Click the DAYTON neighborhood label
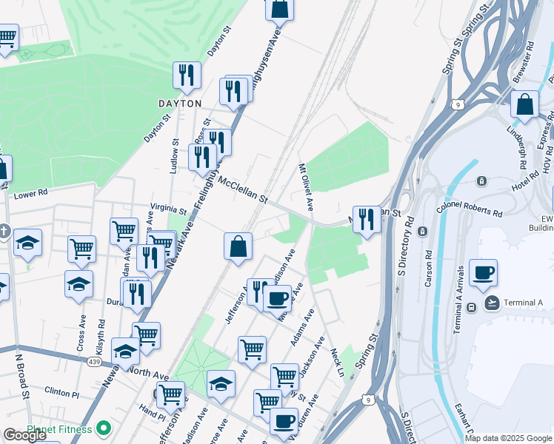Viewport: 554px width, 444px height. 179,104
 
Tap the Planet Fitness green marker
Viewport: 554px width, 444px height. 104,428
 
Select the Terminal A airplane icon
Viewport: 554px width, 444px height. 492,302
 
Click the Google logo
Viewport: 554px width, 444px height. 24,435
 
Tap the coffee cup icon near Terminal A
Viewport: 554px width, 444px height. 483,272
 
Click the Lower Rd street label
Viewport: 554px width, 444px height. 31,195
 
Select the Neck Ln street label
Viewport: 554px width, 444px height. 338,362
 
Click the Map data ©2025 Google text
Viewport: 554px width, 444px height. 508,438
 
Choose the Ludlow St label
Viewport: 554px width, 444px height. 175,156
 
